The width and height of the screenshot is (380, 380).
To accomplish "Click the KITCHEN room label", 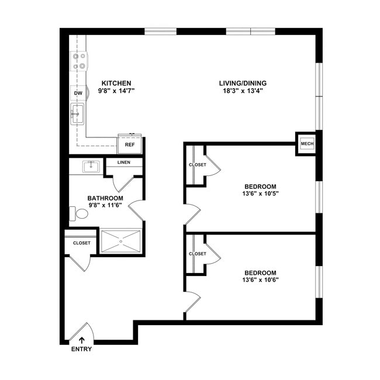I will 116,83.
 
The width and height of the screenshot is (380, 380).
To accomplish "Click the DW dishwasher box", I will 78,93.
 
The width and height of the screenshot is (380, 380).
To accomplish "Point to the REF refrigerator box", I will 130,144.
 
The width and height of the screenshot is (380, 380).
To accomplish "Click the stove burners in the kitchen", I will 79,61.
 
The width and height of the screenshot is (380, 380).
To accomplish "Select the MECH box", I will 306,143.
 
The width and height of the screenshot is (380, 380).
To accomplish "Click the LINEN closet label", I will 123,163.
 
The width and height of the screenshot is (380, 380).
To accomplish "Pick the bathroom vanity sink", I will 91,167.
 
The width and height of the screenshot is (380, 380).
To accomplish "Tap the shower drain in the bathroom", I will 121,240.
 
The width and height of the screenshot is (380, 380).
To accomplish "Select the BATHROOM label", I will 105,198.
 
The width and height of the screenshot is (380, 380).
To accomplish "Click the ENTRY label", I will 81,350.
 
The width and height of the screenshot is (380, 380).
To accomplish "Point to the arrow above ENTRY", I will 81,338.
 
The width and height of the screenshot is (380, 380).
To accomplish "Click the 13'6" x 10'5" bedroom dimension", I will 260,194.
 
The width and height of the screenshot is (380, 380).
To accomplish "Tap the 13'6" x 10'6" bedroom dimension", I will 260,280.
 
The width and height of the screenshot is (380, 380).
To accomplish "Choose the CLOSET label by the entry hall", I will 81,243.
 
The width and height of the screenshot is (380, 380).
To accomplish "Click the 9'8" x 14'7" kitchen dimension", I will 116,91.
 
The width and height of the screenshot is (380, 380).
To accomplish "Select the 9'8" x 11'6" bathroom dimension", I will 105,206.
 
